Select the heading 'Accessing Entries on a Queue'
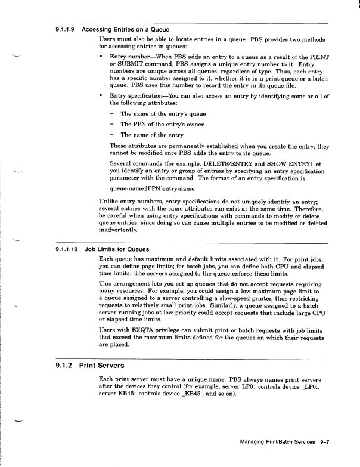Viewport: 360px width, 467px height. pyautogui.click(x=125, y=29)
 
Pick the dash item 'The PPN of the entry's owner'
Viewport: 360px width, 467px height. pyautogui.click(x=162, y=124)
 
